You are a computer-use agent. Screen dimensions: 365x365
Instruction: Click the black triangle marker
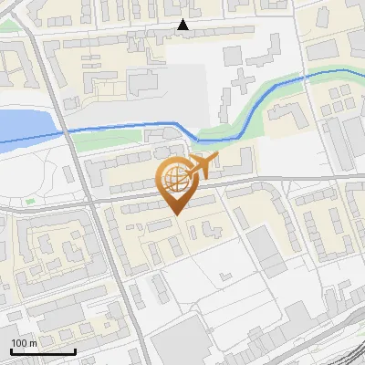click(x=183, y=26)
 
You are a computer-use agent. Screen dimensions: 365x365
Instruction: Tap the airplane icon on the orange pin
click(x=200, y=165)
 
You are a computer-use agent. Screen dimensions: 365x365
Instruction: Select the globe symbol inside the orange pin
click(x=173, y=175)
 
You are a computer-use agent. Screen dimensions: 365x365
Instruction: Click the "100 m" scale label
click(x=25, y=343)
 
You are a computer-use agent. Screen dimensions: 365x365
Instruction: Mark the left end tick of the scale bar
click(x=12, y=349)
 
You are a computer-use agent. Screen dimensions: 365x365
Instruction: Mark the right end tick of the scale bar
click(x=75, y=349)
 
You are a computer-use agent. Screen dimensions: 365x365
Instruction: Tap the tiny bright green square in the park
click(x=30, y=201)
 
